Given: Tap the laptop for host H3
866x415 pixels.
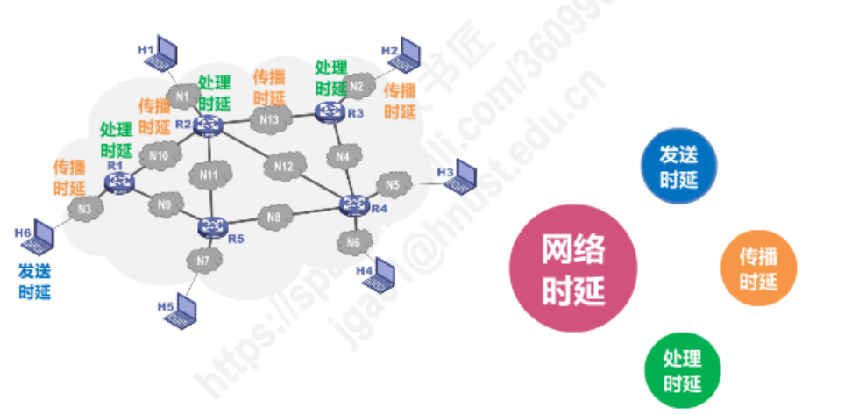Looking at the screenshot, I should click(461, 176).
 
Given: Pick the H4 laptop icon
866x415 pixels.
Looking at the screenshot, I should click(382, 276).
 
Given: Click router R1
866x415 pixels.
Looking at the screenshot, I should click(117, 181).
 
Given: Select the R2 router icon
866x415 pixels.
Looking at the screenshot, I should click(209, 126).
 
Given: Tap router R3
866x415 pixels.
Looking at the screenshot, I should click(330, 111).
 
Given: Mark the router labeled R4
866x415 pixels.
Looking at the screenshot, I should click(354, 205).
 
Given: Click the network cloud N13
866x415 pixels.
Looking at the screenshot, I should click(271, 119).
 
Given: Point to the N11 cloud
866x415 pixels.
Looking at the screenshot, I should click(209, 175).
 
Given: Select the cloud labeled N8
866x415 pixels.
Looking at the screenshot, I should click(274, 217).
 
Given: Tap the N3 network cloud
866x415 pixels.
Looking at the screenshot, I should click(84, 210).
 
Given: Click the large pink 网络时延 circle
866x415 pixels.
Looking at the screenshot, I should click(573, 268).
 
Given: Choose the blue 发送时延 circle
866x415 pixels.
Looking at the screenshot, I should click(678, 167).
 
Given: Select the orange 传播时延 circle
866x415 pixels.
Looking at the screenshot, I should click(758, 268).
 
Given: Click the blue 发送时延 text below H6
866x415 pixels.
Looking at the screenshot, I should click(35, 281).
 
